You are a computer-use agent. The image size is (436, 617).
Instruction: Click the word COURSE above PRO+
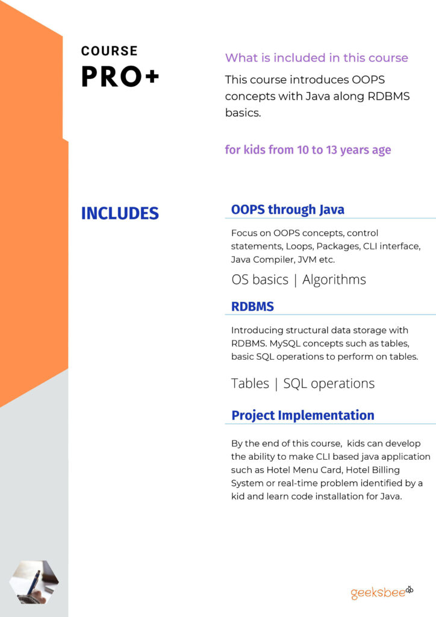109,51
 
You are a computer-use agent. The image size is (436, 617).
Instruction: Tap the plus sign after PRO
152,76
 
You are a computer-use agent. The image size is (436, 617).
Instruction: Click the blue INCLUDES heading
120,213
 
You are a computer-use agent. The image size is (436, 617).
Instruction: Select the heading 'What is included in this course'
317,58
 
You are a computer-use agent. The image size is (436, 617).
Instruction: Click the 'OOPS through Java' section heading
287,210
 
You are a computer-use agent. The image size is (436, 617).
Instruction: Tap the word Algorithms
334,280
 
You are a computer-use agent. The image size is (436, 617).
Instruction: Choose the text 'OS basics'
260,280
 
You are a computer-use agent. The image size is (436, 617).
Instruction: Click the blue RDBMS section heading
252,307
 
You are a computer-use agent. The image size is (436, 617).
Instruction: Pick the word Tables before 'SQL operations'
250,383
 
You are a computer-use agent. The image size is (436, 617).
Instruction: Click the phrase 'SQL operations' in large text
329,384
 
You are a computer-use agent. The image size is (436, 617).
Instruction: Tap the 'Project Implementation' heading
303,416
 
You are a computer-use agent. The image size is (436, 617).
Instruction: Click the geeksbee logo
382,592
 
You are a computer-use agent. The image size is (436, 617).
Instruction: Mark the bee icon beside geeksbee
410,589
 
